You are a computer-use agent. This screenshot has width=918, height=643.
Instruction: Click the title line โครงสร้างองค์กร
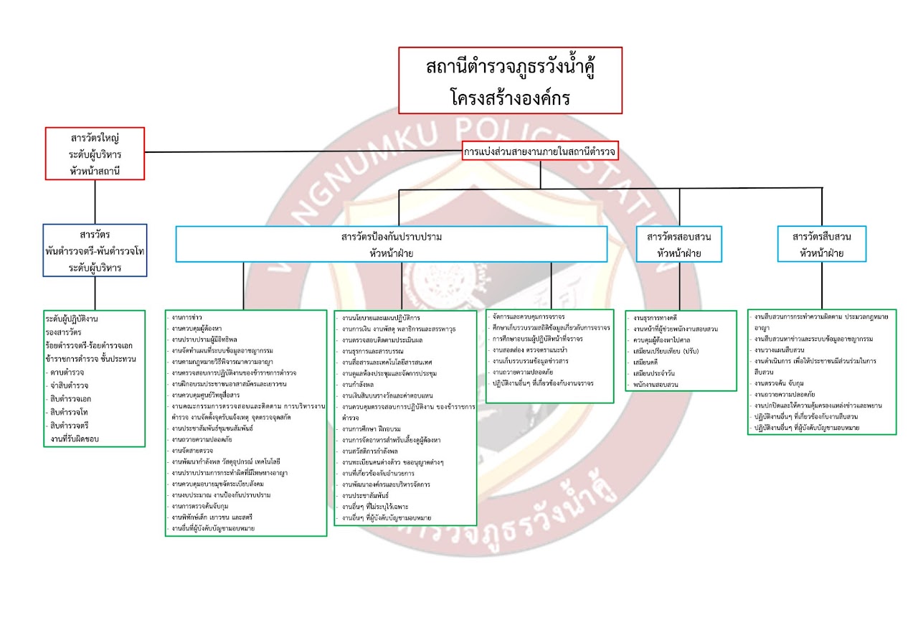click(510, 95)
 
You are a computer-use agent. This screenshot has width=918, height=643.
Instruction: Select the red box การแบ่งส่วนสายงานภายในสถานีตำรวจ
click(539, 151)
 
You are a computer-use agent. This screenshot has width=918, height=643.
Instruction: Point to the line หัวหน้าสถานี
click(95, 170)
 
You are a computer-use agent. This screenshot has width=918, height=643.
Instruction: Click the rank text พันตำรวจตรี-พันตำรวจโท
click(95, 251)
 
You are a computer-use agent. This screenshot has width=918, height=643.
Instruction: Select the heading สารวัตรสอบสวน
click(678, 237)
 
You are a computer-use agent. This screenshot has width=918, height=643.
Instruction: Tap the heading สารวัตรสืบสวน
click(822, 237)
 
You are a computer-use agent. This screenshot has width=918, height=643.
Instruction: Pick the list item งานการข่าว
click(187, 317)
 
